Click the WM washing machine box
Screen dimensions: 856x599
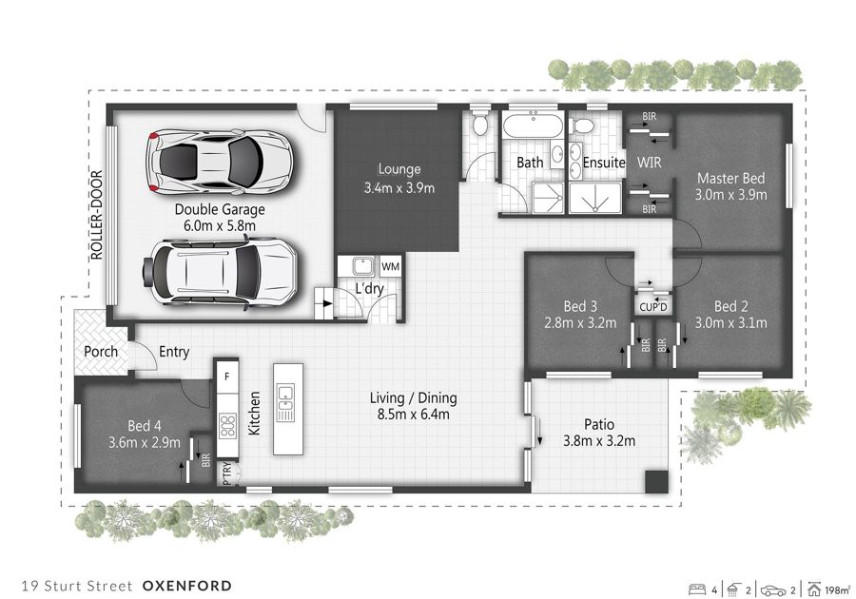390,267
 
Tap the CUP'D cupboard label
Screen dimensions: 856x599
652,307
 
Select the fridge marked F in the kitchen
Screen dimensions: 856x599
227,377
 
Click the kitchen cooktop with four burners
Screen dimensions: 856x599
227,426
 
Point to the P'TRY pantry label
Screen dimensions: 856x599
227,473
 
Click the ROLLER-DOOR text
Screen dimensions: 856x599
97,215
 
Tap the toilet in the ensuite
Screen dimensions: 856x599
582,126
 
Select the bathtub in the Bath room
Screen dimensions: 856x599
533,126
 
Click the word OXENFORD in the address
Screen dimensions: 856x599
187,586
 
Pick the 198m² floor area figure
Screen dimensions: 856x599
837,589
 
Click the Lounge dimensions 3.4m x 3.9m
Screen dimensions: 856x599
399,188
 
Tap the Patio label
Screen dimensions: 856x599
599,424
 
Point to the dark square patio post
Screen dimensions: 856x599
656,482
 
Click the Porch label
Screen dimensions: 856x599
101,352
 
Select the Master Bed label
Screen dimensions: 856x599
731,178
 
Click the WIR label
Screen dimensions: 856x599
649,162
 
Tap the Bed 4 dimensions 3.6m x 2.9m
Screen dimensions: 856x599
145,442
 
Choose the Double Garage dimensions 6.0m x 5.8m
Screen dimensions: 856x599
220,225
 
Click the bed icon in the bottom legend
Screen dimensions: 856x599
697,589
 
